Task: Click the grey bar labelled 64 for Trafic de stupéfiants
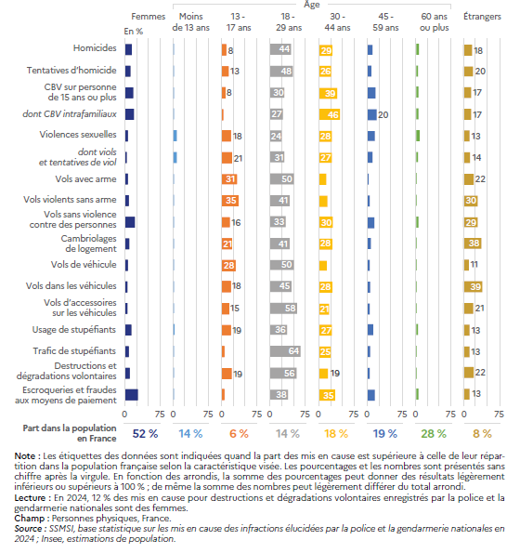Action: tap(285, 351)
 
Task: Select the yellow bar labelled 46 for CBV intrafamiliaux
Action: tap(330, 114)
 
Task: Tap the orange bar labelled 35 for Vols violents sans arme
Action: tap(230, 201)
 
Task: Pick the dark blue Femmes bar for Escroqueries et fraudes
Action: tap(132, 395)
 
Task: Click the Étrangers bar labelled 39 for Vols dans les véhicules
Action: tap(474, 287)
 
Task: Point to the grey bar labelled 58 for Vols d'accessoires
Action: tap(283, 309)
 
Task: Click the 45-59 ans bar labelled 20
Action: tap(372, 114)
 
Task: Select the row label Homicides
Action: tap(95, 48)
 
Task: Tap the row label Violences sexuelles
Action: tap(78, 135)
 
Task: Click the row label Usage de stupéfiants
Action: tap(74, 330)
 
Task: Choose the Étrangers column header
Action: tap(482, 17)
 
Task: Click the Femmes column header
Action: tap(148, 17)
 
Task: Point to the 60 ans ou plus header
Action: tap(435, 22)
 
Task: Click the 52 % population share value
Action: tap(145, 433)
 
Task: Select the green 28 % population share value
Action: tap(434, 433)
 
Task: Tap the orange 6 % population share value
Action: tap(239, 433)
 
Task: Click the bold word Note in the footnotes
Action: tap(25, 456)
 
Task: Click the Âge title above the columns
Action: tap(312, 5)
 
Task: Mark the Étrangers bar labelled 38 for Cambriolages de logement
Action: tap(473, 244)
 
